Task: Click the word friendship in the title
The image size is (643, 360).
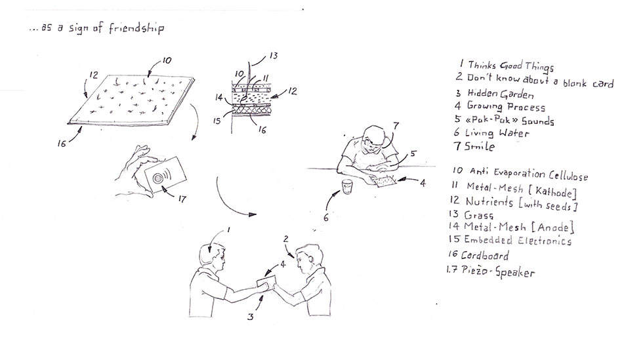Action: pos(136,28)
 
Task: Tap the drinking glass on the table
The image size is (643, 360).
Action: pos(347,187)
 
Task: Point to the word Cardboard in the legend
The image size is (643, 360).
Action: pos(485,256)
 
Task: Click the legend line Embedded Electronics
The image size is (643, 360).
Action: pos(518,240)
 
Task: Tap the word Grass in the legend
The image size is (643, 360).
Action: pos(478,215)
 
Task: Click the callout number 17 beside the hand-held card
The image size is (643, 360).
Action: pos(182,199)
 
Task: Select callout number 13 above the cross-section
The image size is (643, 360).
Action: pos(274,55)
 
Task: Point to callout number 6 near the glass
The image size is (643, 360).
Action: pos(326,218)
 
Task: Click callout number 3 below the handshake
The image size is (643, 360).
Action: pos(250,316)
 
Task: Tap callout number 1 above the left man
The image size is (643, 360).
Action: pos(228,230)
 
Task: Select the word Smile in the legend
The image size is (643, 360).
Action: pos(480,146)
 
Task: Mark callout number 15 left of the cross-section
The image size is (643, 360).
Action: pos(217,121)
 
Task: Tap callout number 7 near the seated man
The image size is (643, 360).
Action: pos(396,125)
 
